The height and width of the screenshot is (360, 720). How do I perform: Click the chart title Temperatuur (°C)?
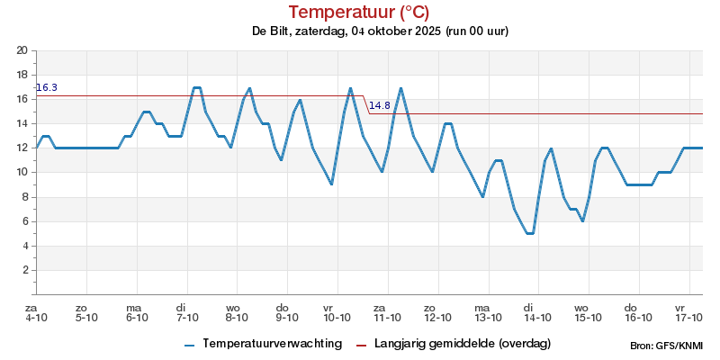click(359, 12)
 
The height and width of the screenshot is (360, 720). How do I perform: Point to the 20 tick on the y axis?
click(22, 50)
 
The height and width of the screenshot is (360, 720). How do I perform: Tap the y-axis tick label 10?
click(22, 172)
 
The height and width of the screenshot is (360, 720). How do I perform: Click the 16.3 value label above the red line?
click(47, 87)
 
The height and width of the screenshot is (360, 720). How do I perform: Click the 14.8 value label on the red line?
click(380, 105)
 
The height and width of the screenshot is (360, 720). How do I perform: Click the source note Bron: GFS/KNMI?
click(667, 346)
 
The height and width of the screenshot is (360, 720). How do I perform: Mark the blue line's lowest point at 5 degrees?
click(530, 233)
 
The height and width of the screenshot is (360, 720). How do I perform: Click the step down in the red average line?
click(366, 104)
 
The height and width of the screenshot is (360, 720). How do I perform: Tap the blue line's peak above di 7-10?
click(197, 87)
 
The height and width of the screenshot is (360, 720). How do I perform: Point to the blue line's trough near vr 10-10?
click(332, 184)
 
